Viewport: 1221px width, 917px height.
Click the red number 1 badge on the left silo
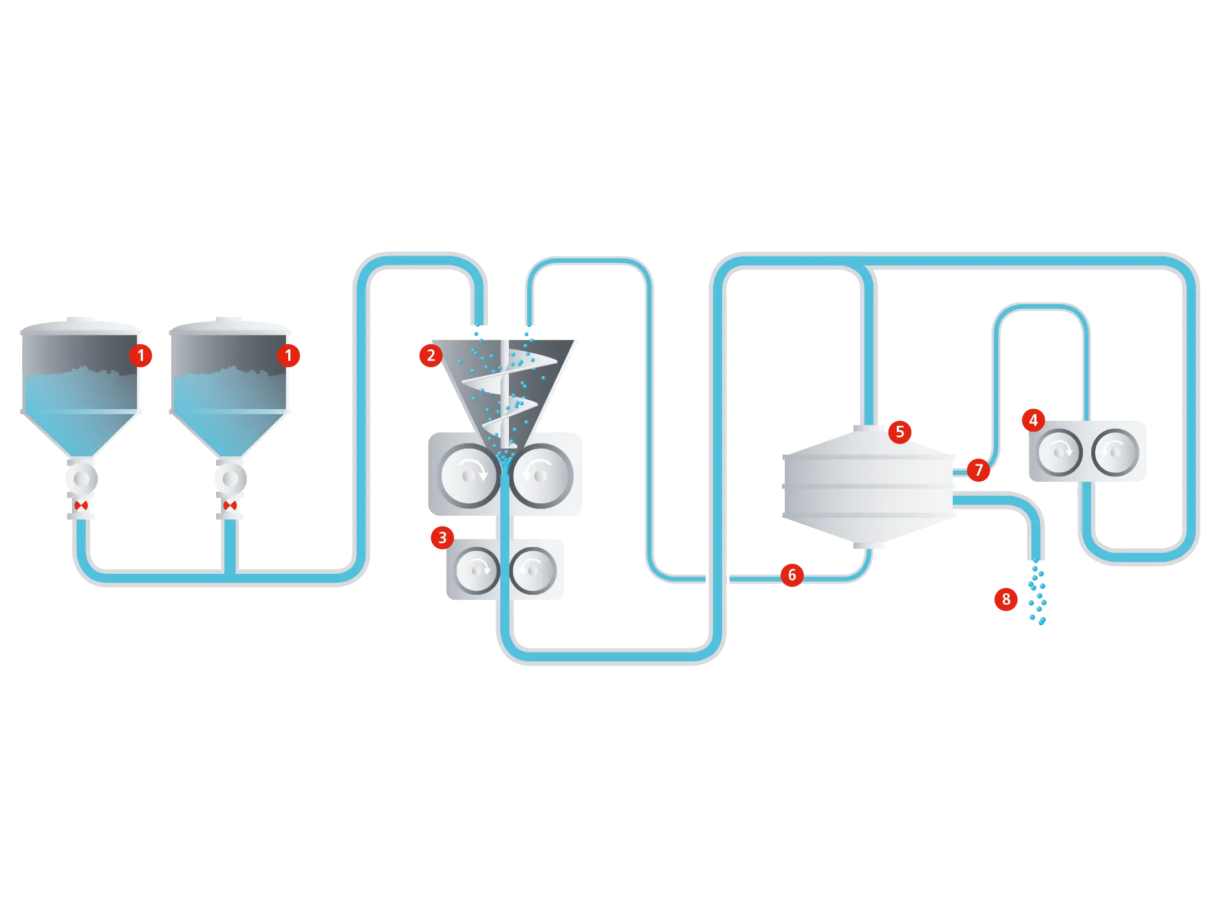(x=141, y=355)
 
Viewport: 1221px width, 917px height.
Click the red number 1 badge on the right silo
(x=288, y=355)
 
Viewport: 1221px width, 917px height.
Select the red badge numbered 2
(x=431, y=355)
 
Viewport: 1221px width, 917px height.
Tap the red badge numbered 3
(x=442, y=537)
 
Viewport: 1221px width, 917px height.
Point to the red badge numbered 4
(x=1033, y=420)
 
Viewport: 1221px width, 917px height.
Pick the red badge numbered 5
(x=900, y=432)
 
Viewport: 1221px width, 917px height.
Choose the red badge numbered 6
(x=792, y=575)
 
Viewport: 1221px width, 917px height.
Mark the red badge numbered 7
(x=979, y=470)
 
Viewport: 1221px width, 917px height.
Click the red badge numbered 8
(x=1006, y=599)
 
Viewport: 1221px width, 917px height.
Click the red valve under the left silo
(x=81, y=506)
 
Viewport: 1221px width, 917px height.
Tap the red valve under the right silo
(x=230, y=506)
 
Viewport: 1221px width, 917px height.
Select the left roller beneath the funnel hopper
(x=469, y=476)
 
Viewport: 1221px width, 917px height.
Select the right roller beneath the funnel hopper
(x=541, y=476)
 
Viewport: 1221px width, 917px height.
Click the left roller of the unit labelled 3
(x=476, y=570)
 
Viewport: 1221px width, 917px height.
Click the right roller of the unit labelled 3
(x=533, y=570)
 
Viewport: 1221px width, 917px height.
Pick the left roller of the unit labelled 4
(x=1059, y=452)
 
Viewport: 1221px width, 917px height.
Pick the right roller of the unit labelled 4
(x=1115, y=452)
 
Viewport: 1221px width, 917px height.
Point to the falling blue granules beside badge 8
(x=1037, y=593)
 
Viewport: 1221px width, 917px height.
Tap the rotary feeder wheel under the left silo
(x=82, y=478)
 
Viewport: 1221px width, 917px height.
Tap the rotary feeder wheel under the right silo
(x=231, y=478)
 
